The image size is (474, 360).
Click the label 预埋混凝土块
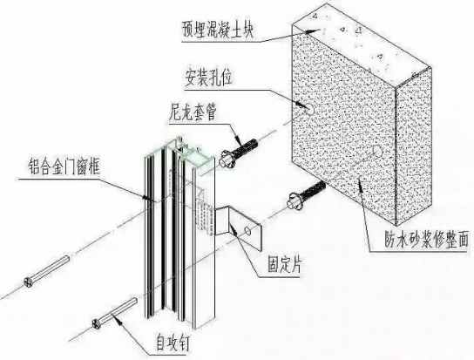(218, 29)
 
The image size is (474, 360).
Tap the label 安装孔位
(209, 78)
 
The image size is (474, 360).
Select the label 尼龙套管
(193, 112)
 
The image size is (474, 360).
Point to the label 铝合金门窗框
(64, 166)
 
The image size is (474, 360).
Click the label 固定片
(284, 265)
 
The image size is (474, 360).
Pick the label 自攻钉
(173, 343)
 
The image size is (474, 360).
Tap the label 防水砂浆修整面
(427, 240)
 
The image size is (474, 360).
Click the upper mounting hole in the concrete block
(309, 108)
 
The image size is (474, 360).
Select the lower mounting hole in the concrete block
(377, 151)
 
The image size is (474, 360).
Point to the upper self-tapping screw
(47, 271)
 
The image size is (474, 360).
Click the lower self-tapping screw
(115, 314)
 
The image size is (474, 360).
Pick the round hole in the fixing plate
(247, 231)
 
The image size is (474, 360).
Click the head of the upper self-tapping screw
(29, 282)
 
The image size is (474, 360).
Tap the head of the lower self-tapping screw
(97, 324)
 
